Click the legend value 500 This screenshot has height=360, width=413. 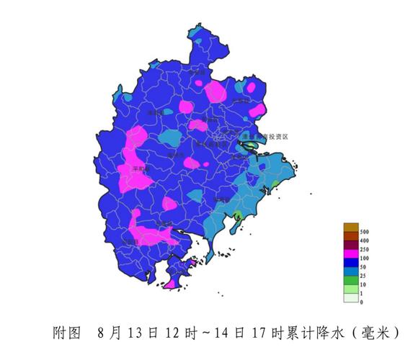(x=364, y=232)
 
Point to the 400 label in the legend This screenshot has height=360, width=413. (x=364, y=240)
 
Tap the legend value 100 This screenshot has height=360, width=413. (x=364, y=257)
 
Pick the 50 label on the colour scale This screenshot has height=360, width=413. (x=363, y=266)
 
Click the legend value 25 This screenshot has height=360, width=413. (x=363, y=276)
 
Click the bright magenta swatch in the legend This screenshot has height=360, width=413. (x=350, y=253)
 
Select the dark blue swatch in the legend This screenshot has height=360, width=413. (x=350, y=263)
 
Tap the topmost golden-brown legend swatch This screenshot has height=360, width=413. (x=350, y=228)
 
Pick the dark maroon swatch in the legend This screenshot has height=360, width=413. (x=350, y=245)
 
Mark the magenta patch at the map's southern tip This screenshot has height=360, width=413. (x=172, y=284)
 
